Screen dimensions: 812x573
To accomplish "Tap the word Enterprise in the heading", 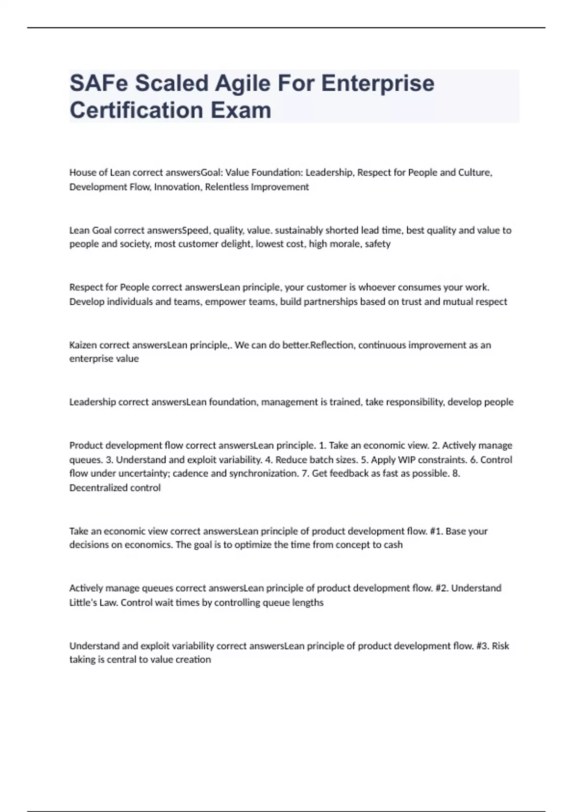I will click(378, 83).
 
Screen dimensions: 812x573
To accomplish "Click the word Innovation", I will click(177, 187).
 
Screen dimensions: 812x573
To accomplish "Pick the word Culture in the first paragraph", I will click(475, 172).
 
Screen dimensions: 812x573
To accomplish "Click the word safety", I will click(378, 244).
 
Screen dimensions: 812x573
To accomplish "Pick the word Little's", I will click(84, 603).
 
